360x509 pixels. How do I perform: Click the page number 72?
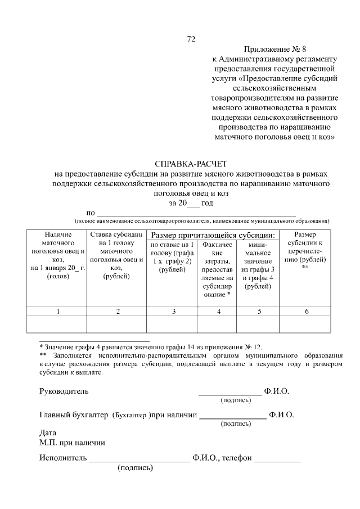click(191, 39)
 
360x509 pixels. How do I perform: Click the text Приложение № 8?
click(274, 49)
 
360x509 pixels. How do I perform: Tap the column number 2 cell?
click(117, 311)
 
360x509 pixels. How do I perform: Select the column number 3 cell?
click(173, 311)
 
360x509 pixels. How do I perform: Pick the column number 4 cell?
click(218, 311)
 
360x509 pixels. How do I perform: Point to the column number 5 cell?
click(259, 311)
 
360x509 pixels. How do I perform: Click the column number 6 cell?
click(306, 311)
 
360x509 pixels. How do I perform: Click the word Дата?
click(48, 433)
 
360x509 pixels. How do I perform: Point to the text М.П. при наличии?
click(72, 442)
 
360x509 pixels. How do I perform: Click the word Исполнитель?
click(63, 457)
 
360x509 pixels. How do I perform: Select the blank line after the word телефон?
click(277, 460)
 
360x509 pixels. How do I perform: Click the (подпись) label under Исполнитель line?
click(135, 467)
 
